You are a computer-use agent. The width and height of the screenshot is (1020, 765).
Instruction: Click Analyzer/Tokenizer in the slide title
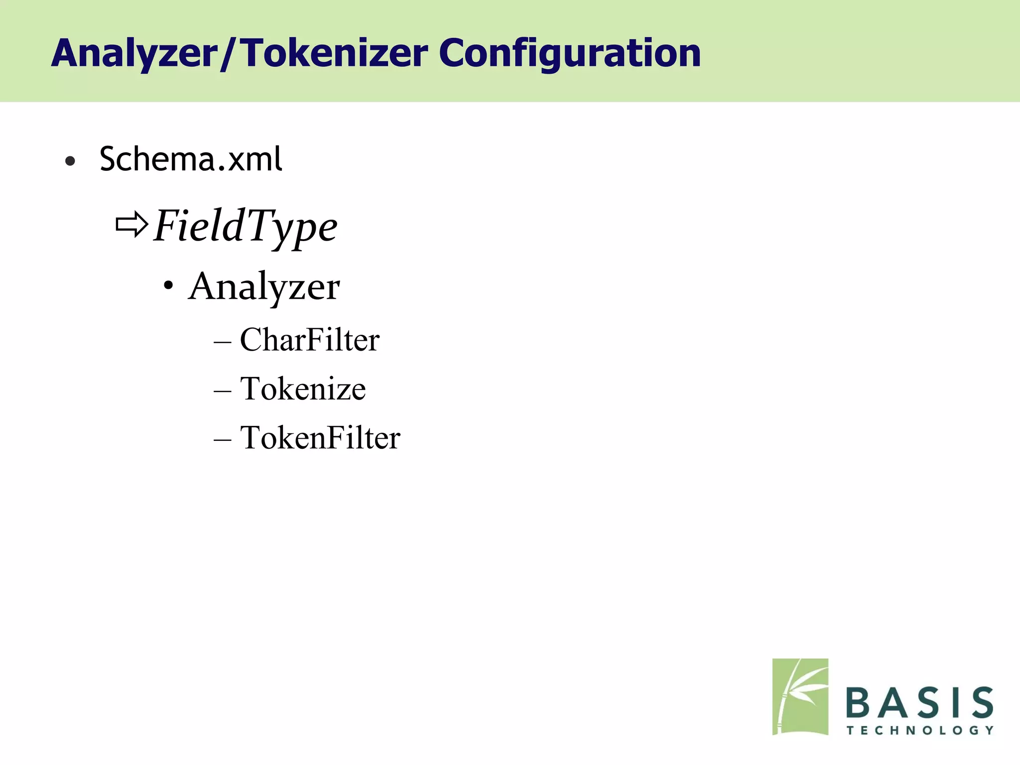[240, 54]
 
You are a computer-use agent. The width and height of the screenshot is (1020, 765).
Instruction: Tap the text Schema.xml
[191, 159]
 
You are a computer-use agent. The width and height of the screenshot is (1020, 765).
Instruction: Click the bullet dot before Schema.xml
[70, 161]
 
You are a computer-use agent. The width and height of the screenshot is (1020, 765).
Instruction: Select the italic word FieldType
[245, 227]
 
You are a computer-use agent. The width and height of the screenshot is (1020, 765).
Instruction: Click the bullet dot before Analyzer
[169, 286]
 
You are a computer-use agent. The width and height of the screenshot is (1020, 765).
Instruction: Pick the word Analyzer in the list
[264, 287]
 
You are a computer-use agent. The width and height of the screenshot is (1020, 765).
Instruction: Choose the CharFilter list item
[309, 340]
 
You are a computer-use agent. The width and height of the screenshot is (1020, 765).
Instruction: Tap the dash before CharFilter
[222, 343]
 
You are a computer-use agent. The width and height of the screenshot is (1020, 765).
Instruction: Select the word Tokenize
[303, 389]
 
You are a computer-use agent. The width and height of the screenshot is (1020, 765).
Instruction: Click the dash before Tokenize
[222, 391]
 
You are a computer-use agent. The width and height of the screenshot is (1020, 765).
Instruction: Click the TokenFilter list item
[320, 438]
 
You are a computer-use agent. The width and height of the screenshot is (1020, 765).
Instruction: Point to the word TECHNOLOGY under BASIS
[919, 731]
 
